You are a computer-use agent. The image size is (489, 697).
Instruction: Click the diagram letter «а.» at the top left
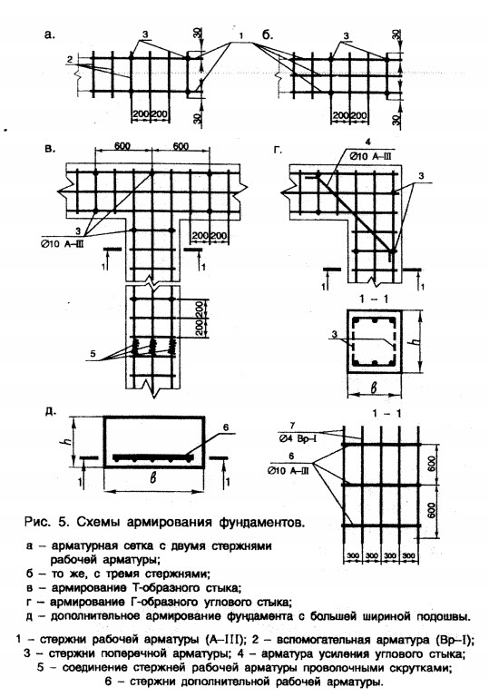[x=49, y=35]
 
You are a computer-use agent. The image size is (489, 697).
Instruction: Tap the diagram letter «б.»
[x=268, y=34]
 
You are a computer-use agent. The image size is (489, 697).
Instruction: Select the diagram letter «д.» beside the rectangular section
[x=51, y=411]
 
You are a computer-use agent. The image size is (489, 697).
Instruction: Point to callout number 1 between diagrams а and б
[x=240, y=35]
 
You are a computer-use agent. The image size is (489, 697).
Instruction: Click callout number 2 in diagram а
[x=70, y=59]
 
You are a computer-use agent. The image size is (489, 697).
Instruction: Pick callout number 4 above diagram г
[x=367, y=143]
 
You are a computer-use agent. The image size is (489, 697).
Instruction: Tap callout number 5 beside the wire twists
[x=93, y=354]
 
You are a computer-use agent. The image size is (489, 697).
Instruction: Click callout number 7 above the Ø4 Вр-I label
[x=292, y=426]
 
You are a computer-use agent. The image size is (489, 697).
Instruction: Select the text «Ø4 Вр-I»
[x=294, y=438]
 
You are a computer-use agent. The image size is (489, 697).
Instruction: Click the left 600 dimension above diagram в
[x=122, y=146]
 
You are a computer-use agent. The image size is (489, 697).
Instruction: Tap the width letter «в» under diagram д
[x=153, y=478]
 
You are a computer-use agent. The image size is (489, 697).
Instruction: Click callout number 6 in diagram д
[x=226, y=427]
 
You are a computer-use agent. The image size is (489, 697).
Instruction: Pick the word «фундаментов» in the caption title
[x=262, y=522]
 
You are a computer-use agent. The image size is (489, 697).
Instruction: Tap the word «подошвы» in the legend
[x=442, y=616]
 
